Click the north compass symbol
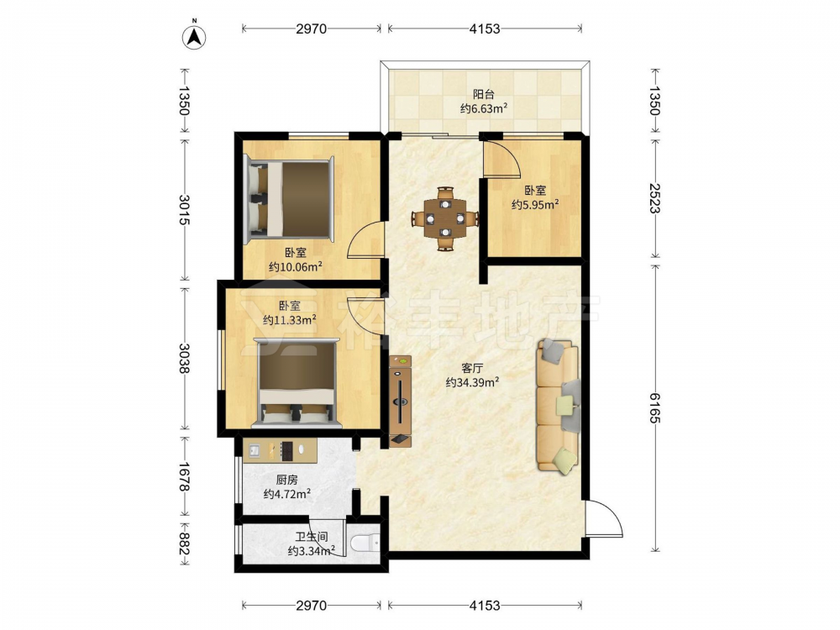pos(195,37)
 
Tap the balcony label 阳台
pos(483,95)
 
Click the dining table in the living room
pos(445,218)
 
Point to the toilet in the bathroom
pos(365,543)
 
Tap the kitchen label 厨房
pos(286,480)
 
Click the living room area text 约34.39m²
pos(472,382)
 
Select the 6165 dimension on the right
pos(655,407)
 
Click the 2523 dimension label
pos(655,198)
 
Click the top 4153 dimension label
pos(485,29)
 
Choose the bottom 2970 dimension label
pos(312,606)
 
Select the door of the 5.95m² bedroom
pos(501,158)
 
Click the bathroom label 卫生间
pos(312,536)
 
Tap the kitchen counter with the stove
pos(280,450)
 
